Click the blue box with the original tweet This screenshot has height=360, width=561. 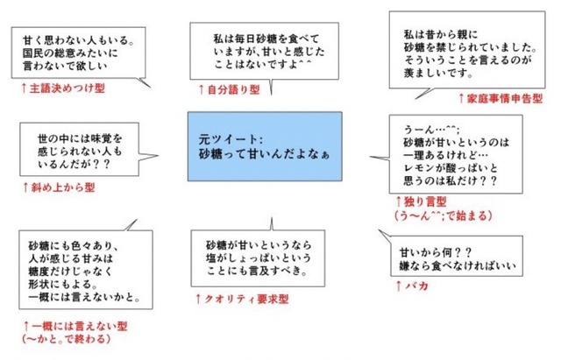coord(265,146)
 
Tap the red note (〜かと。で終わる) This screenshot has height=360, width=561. coord(66,339)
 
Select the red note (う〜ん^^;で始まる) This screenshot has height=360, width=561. coord(444,215)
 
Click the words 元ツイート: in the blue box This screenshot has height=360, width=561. coord(231,138)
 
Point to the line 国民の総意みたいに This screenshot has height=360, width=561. coord(70,53)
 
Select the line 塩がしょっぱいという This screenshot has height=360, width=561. coord(259,258)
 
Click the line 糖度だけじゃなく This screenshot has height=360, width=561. coord(70,271)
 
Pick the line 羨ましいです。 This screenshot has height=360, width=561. coord(438,73)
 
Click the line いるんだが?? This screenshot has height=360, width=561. coord(74,164)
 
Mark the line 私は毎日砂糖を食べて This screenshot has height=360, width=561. coord(266,39)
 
